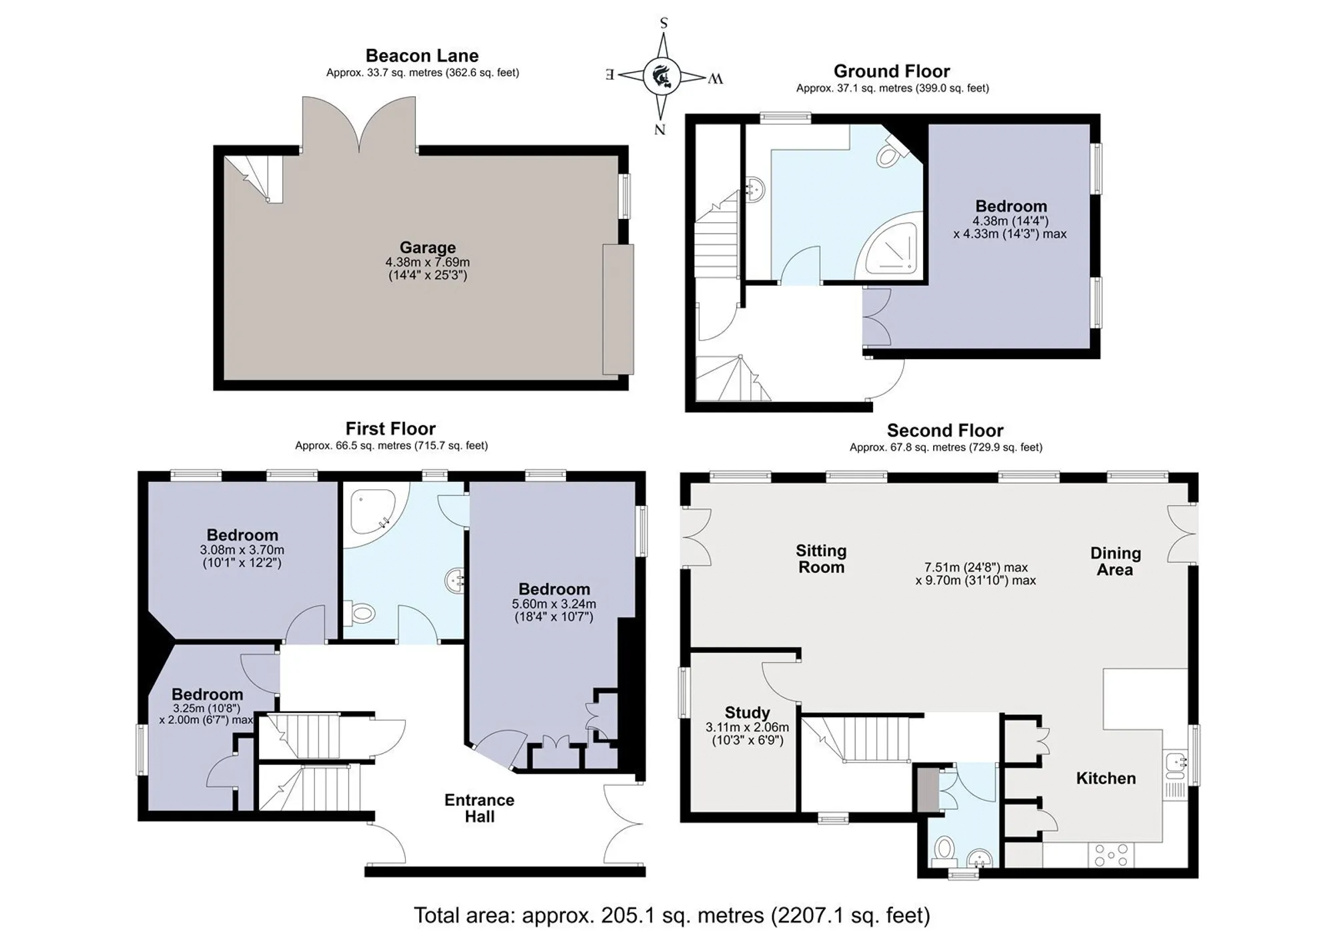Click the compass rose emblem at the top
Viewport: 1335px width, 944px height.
(x=663, y=75)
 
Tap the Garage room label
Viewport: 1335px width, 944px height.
(x=428, y=248)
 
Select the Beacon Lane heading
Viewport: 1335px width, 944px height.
(x=422, y=55)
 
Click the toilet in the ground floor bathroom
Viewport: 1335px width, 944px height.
(x=890, y=153)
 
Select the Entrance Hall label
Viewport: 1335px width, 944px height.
(x=479, y=808)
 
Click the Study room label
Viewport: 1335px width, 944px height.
(x=747, y=713)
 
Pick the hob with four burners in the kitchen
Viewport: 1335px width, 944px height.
(x=1111, y=855)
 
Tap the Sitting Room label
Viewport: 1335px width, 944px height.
(x=821, y=559)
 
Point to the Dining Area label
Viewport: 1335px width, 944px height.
(x=1115, y=561)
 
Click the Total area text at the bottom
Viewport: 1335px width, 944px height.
(x=672, y=915)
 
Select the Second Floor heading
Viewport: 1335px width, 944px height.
(x=945, y=431)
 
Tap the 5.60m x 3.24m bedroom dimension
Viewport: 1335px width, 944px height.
(x=554, y=604)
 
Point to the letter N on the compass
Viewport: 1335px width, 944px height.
(x=659, y=130)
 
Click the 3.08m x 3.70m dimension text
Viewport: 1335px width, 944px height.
(x=242, y=550)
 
